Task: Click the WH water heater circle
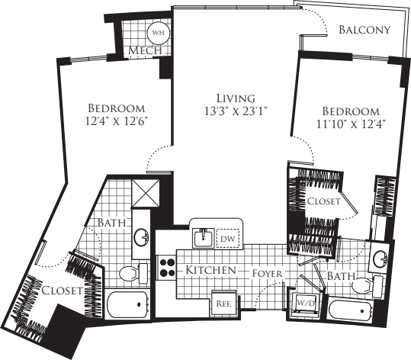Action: pyautogui.click(x=159, y=33)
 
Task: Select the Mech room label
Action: pyautogui.click(x=144, y=51)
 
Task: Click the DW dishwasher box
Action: pyautogui.click(x=227, y=239)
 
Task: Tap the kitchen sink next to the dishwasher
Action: pyautogui.click(x=203, y=238)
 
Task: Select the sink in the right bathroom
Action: pyautogui.click(x=378, y=258)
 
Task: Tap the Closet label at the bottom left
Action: pyautogui.click(x=58, y=290)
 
